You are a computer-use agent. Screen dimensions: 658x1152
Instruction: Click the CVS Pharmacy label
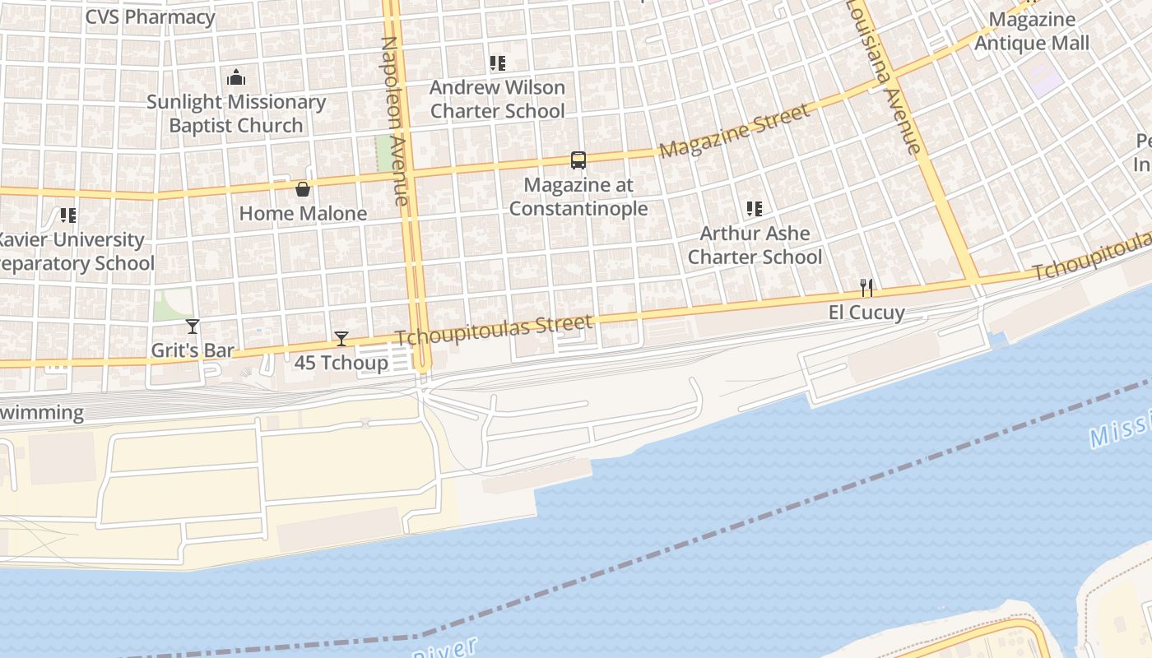point(150,16)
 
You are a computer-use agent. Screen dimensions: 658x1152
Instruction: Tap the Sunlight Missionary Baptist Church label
point(236,114)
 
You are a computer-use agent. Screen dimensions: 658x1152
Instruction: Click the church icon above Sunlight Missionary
point(236,78)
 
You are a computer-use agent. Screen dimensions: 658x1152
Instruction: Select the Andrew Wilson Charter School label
point(498,99)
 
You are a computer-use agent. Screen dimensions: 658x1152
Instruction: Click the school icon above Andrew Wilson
point(497,63)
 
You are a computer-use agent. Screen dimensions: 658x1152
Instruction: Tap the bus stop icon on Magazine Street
point(578,160)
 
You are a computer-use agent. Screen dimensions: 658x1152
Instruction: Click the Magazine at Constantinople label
point(578,197)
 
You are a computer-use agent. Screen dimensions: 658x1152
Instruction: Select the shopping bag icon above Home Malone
point(303,189)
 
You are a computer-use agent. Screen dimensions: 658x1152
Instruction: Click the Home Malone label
point(303,214)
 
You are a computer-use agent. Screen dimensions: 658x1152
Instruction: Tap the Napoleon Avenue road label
point(395,120)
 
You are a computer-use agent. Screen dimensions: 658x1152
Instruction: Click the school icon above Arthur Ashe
point(754,209)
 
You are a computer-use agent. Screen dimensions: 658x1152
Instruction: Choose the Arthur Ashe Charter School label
point(755,245)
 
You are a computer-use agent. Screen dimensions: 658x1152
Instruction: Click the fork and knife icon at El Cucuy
point(866,288)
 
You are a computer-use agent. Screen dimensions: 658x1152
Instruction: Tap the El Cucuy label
point(866,313)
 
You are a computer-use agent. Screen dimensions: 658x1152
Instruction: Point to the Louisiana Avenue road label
point(883,76)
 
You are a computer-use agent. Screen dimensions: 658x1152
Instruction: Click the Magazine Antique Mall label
point(1032,31)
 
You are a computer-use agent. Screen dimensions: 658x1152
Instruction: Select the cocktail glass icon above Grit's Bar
point(193,327)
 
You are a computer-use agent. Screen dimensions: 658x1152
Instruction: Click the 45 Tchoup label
point(341,363)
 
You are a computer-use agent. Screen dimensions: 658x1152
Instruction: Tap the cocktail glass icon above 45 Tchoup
point(341,338)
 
